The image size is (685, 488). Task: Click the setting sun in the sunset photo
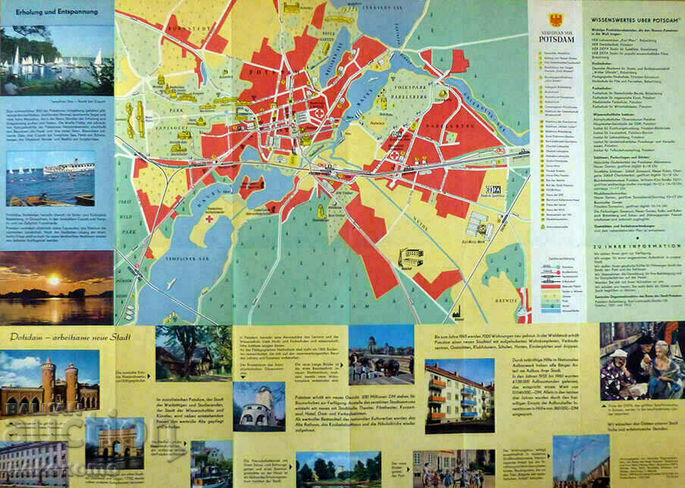pos(53,280)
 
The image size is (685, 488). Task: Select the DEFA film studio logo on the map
pos(493,189)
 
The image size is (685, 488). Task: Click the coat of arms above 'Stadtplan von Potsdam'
pos(555,20)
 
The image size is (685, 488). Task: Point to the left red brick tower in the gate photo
pos(47,383)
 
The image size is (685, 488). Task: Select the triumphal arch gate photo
pos(114,443)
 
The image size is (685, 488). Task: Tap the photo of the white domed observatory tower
pos(258,405)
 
